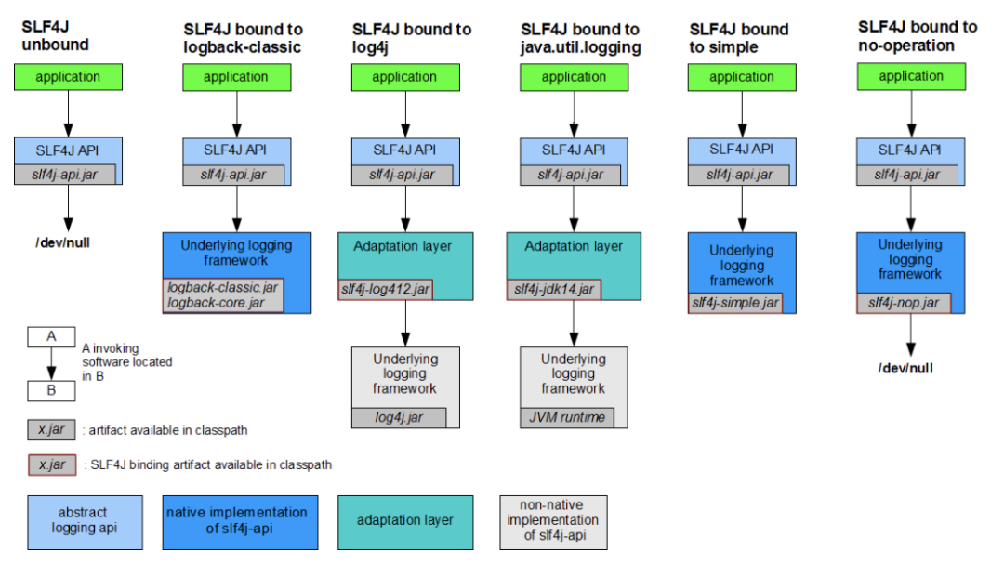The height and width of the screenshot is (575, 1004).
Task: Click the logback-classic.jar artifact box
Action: coord(223,294)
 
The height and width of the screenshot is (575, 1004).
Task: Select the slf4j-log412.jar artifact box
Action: coord(386,289)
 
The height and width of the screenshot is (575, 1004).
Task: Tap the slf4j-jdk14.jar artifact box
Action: coord(554,289)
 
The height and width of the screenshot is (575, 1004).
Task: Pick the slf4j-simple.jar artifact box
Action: coord(735,303)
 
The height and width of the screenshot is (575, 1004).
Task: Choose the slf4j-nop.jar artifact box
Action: coord(905,303)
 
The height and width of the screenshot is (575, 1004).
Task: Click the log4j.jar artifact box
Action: coord(399,418)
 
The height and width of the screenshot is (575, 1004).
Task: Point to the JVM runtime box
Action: coord(567,418)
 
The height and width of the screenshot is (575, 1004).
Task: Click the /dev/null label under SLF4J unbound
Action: coord(63,243)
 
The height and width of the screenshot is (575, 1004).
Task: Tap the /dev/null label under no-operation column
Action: coord(905,369)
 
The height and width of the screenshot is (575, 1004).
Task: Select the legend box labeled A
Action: coord(51,337)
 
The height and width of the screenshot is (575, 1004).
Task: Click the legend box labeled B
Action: coord(51,391)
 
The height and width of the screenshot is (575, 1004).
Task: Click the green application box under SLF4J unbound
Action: coord(69,77)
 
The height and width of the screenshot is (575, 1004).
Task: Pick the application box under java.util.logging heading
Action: coord(574,77)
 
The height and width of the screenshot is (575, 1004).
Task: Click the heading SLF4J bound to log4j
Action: coord(412,38)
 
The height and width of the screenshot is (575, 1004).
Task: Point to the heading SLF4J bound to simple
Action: coord(739,38)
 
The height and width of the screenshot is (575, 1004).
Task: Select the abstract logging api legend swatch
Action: coord(86,522)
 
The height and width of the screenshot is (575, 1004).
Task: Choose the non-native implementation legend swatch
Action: coord(554,522)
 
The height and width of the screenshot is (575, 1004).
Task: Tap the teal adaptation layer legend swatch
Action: coord(405,522)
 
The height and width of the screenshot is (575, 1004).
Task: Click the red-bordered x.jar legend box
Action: coord(52,465)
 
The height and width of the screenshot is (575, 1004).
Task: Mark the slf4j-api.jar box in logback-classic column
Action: coord(233,176)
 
